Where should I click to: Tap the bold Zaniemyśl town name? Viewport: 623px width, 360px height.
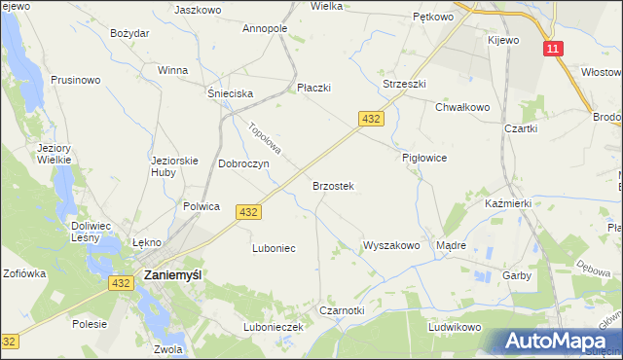coord(172,275)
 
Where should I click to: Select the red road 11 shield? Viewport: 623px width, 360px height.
coord(553,49)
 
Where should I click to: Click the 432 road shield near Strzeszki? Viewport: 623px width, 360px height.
coord(370,118)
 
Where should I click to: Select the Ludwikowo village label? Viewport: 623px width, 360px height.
coord(455,327)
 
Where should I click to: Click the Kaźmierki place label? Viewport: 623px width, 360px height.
coord(506,203)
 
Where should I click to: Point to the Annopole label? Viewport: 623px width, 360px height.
coord(264,29)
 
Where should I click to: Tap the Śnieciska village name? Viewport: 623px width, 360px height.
coord(231,93)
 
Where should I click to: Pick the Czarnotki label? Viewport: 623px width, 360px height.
coord(342,310)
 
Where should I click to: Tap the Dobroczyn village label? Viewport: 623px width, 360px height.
coord(243,163)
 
